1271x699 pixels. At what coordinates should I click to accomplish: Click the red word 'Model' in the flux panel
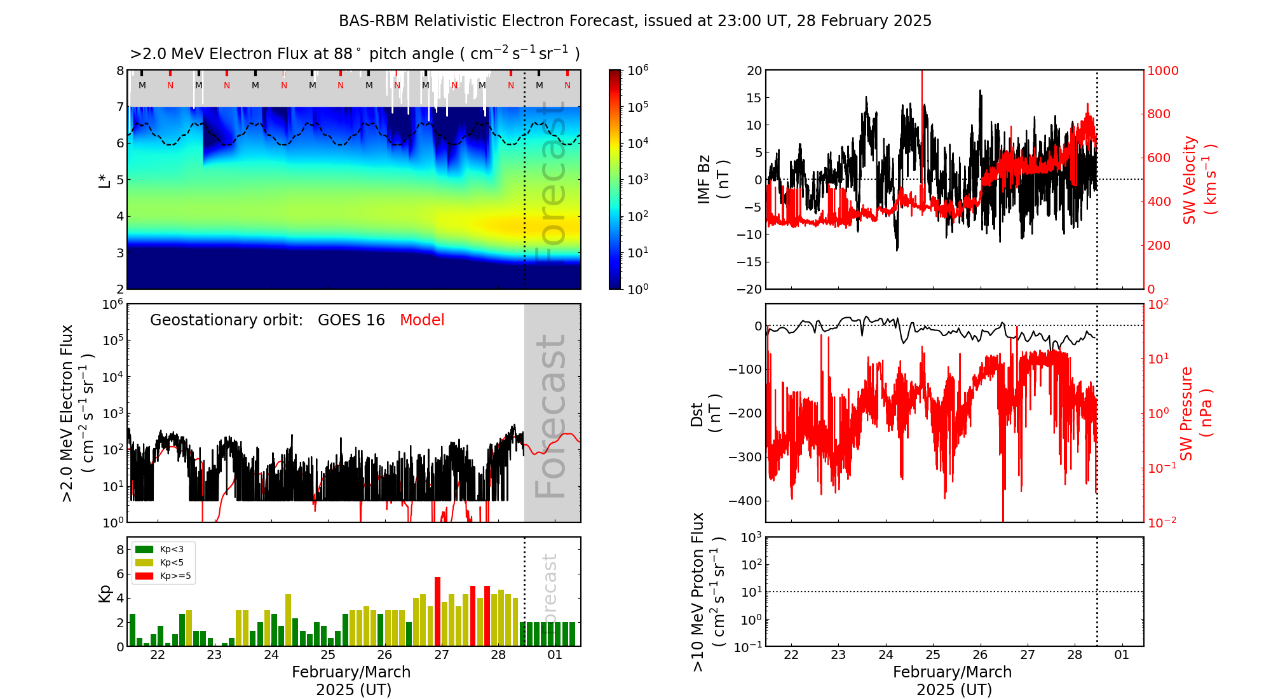pyautogui.click(x=422, y=320)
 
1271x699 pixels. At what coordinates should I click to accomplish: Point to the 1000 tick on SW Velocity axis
pyautogui.click(x=1162, y=71)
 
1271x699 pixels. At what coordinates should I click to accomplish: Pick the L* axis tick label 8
pyautogui.click(x=119, y=71)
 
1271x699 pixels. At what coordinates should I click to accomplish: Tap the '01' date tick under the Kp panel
pyautogui.click(x=555, y=655)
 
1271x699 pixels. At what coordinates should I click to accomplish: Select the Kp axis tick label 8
pyautogui.click(x=119, y=550)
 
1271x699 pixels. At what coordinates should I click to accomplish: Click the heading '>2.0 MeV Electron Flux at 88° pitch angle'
pyautogui.click(x=355, y=54)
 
